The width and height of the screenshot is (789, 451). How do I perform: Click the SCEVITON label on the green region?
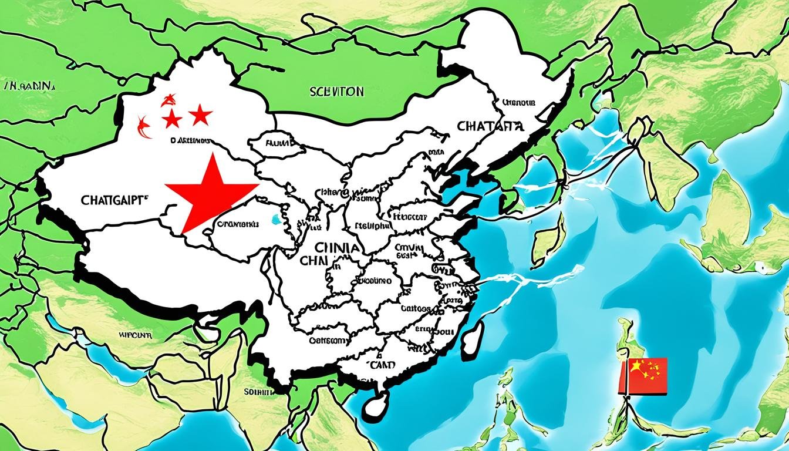coord(336,92)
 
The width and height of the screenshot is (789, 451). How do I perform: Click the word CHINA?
coord(336,248)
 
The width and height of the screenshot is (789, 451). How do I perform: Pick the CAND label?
coord(382,365)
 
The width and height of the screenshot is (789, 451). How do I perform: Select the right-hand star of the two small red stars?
coord(200,115)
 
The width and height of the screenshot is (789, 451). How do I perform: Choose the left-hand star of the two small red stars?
coord(172,119)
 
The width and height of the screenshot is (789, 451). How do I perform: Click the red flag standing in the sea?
coord(643,376)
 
